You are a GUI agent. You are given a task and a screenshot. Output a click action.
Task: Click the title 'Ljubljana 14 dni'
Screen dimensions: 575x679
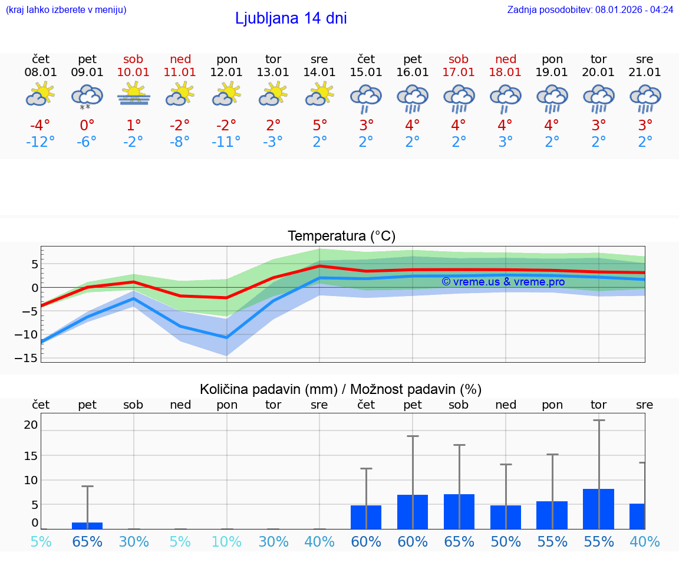tap(291, 18)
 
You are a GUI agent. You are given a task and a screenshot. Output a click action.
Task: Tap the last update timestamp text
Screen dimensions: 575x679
tap(590, 9)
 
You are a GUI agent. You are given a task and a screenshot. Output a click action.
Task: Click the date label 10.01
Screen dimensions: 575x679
tap(134, 73)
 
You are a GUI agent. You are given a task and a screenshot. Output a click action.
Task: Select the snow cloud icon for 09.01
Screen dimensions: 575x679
tap(87, 96)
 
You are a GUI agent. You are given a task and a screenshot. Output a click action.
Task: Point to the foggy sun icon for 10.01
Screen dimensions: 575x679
tap(134, 94)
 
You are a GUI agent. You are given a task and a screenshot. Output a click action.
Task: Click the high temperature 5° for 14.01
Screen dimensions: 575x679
tap(319, 125)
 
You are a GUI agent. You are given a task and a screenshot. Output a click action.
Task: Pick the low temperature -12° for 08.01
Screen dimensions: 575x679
tap(41, 142)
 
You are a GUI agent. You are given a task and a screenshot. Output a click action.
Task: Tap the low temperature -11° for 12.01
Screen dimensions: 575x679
tap(226, 142)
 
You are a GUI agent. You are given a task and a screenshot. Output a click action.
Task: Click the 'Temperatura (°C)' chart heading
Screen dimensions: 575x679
tap(341, 236)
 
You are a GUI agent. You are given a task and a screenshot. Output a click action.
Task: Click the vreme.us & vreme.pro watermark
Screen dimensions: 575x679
tap(503, 282)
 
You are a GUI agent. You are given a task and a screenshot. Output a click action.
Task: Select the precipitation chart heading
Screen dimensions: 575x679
tap(341, 389)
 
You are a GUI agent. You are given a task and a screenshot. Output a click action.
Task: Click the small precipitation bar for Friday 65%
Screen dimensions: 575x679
tap(87, 525)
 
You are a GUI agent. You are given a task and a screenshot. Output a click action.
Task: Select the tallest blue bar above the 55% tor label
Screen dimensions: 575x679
tap(598, 509)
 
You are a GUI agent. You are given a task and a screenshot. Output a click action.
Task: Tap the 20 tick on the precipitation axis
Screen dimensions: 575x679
tap(31, 425)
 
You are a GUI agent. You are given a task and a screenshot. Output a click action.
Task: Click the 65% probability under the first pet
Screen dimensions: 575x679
tap(87, 541)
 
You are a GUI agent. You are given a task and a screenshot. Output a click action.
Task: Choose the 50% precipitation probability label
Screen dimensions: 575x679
tap(506, 541)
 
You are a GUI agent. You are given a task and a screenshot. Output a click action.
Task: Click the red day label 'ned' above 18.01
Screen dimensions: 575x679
tap(506, 59)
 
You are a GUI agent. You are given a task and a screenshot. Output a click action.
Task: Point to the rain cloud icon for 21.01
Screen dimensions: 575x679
tap(645, 98)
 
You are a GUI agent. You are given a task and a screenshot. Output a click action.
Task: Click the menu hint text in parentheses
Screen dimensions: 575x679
tap(66, 9)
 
